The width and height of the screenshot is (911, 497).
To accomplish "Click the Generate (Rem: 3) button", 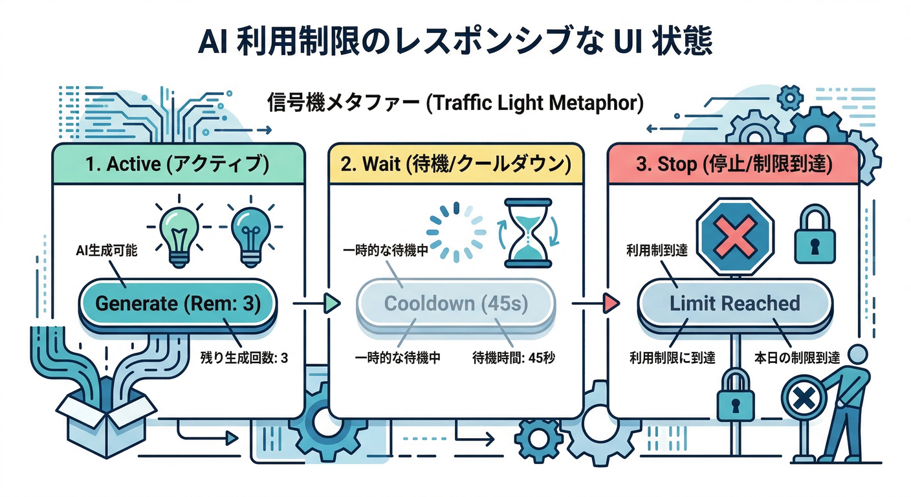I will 178,304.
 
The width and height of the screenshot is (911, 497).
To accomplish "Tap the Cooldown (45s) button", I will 456,304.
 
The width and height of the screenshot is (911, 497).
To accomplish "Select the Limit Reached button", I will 734,304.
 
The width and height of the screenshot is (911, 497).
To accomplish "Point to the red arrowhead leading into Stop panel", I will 609,303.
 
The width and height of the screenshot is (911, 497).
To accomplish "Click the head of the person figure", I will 857,355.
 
